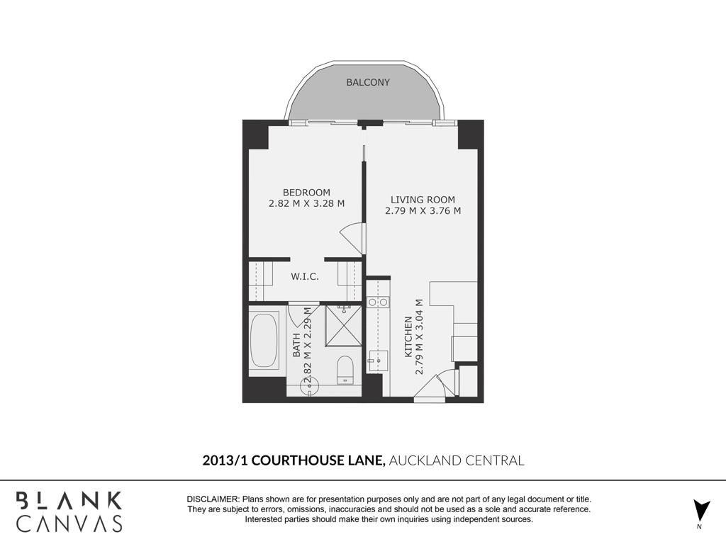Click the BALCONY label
(368, 82)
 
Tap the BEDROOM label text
(306, 193)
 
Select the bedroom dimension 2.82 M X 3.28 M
(306, 203)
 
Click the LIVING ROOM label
(423, 200)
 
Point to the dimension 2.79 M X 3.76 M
(423, 211)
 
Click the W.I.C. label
(305, 277)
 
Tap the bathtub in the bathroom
(264, 341)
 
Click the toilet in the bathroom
(345, 370)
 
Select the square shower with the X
(343, 326)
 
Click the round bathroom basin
(309, 386)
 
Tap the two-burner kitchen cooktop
(378, 302)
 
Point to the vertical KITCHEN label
(408, 336)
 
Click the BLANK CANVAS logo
(69, 511)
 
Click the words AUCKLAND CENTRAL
(457, 460)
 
